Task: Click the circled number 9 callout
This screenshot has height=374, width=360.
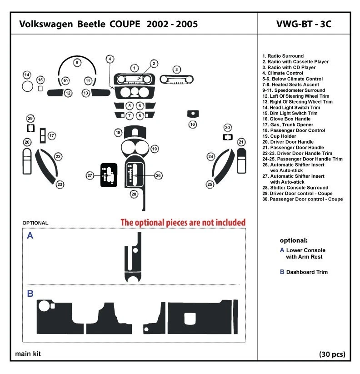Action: coord(77,63)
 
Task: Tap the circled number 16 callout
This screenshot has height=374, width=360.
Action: coord(193,124)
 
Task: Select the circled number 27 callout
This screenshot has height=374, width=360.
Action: coord(90,175)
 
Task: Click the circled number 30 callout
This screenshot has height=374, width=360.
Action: coord(228,127)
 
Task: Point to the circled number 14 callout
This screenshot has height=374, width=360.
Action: coord(27,75)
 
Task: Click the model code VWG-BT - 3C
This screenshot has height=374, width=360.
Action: coord(304,25)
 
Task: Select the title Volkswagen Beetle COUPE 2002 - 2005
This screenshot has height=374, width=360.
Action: coord(108,25)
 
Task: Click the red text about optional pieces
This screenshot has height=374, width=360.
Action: coord(183,222)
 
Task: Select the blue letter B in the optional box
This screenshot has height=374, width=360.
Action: coord(30,294)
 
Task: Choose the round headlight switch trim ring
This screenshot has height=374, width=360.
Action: coord(27,86)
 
